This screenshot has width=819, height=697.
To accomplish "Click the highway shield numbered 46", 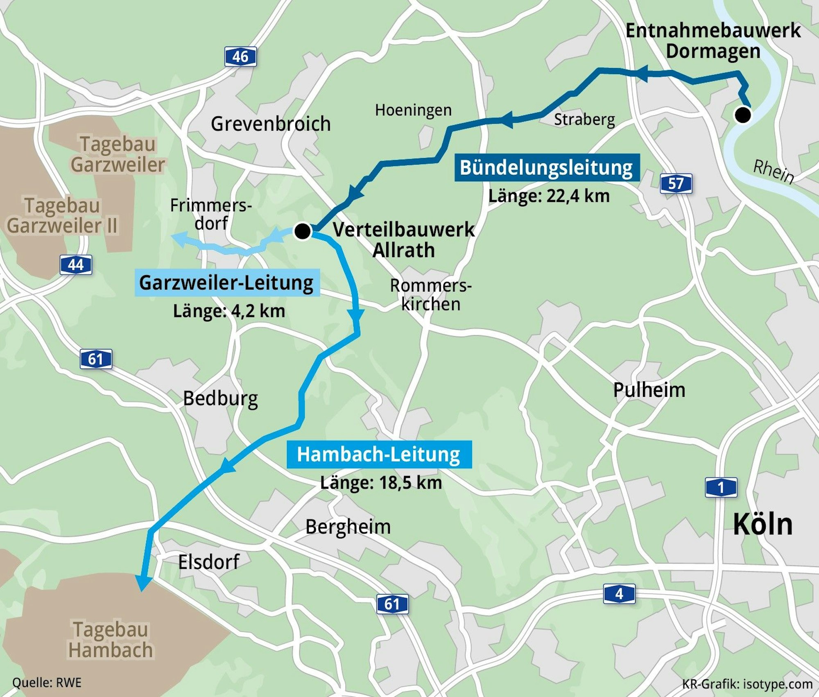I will pos(240,57).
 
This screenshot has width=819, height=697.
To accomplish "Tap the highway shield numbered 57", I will pos(676,183).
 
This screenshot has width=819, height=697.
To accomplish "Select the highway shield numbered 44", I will pos(76,265).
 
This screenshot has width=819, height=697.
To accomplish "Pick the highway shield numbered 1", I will pos(721,487).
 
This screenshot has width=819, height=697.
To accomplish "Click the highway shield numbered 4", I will pos(619,593).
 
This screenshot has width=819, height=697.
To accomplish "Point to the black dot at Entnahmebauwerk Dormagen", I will pos(743,115).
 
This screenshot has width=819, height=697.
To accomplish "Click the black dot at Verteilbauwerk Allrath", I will pos(303,231).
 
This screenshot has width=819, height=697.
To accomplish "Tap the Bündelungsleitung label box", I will pos(547,167).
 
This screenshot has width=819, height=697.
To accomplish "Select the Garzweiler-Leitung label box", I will pos(227,283).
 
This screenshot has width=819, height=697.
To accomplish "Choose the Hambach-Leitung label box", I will pos(379,454).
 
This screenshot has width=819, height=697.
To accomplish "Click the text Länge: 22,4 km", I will pos(549,196).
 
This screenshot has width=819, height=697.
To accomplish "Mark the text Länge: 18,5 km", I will pos(381,482).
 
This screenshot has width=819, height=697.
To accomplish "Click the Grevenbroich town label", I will pos(271,124).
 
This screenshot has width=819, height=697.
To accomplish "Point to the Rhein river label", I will pos(773,171).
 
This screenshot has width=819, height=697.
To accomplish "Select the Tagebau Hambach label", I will pos(111,640).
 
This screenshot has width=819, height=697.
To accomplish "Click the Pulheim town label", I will pos(649,390).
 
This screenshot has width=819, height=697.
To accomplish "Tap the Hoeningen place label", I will pos(413,110).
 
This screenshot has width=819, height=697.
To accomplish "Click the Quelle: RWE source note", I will pos(47,683).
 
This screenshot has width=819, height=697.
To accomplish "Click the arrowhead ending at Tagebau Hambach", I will pos(143,584).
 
